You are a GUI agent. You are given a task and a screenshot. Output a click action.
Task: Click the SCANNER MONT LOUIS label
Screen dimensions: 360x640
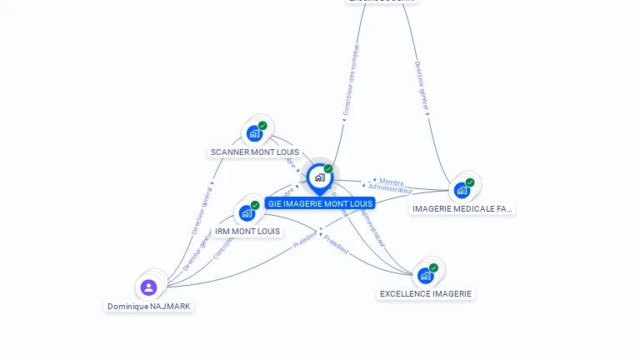pos(254,152)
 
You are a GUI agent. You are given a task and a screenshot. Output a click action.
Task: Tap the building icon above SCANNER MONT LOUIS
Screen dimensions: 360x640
pos(255,133)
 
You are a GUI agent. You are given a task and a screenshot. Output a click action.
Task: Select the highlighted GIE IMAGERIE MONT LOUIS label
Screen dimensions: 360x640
pos(320,203)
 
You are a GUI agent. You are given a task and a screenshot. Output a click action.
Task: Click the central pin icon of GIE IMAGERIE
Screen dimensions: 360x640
pos(319,177)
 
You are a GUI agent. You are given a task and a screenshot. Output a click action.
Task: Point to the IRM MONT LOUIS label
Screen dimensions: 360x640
pos(247,231)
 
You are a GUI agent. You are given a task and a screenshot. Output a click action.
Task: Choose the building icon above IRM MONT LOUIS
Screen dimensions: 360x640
pos(247,212)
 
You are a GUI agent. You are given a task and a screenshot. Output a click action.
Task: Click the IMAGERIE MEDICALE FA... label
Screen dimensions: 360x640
pos(462,208)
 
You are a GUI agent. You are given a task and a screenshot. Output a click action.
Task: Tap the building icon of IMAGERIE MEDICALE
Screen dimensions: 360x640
pos(462,190)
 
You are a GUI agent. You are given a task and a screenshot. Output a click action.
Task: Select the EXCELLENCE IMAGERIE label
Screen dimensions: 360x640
pos(426,293)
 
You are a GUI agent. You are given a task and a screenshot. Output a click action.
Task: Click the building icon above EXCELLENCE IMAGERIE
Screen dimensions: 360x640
pos(426,276)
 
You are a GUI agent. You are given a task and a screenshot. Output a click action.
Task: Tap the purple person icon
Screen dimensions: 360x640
pos(148,287)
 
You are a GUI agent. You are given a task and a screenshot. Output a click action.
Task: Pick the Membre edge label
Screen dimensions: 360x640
pos(391,181)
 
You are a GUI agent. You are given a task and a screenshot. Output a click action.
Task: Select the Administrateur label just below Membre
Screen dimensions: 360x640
pos(390,188)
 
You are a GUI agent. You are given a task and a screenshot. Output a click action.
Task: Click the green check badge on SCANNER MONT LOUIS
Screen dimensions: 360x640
pos(262,126)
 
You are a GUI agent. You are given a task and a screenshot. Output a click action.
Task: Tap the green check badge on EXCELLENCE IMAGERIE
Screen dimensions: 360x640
pos(433,268)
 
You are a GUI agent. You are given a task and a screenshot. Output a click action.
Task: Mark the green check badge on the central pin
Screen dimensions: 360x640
pos(328,169)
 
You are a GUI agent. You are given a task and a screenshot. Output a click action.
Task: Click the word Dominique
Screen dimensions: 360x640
pos(127,307)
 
